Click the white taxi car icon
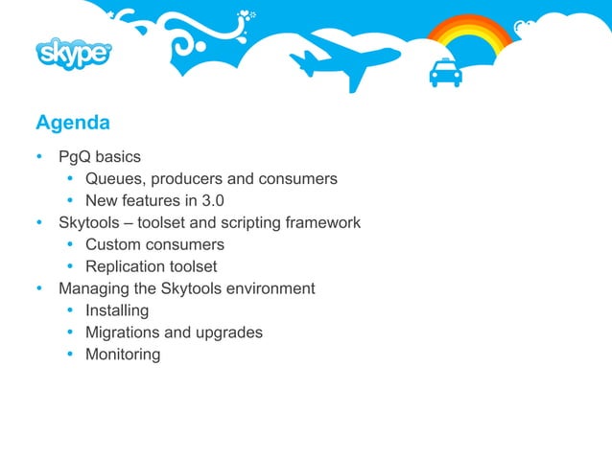(x=444, y=72)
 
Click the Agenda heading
(x=73, y=123)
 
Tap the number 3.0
(x=212, y=200)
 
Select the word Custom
(x=113, y=244)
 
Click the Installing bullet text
(x=117, y=310)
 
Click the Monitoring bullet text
(x=123, y=355)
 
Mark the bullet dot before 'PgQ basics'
(x=39, y=156)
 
